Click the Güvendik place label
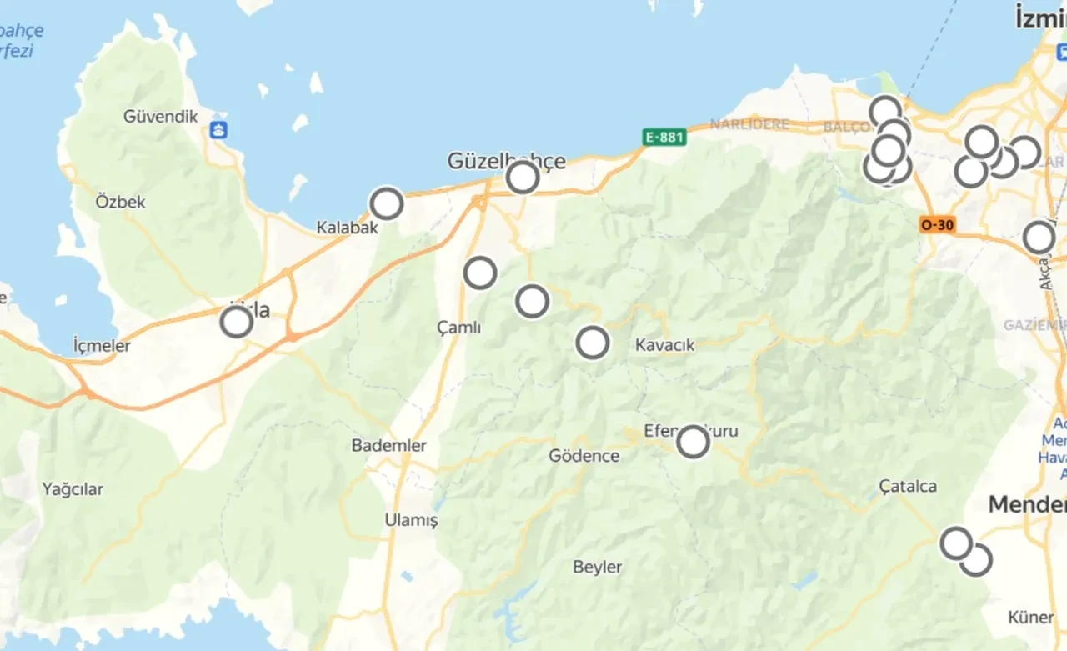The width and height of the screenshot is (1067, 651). pyautogui.click(x=161, y=117)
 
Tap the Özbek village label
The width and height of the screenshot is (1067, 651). pyautogui.click(x=121, y=202)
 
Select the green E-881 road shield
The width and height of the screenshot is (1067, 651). pyautogui.click(x=664, y=137)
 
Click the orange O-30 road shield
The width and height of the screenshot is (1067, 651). pyautogui.click(x=938, y=224)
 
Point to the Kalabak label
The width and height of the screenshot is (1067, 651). pyautogui.click(x=348, y=228)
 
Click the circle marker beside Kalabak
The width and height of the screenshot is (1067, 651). pyautogui.click(x=387, y=203)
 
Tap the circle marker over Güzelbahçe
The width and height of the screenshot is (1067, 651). pyautogui.click(x=523, y=177)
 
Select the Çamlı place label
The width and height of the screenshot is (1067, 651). pyautogui.click(x=459, y=328)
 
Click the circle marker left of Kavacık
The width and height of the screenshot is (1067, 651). pyautogui.click(x=593, y=343)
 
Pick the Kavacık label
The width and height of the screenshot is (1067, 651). pyautogui.click(x=664, y=344)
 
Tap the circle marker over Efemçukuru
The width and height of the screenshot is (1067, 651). pyautogui.click(x=693, y=442)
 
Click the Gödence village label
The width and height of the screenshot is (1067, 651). pyautogui.click(x=584, y=456)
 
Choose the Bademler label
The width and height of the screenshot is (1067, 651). pyautogui.click(x=389, y=445)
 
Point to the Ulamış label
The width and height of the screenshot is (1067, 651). pyautogui.click(x=411, y=520)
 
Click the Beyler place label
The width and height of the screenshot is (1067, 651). pyautogui.click(x=598, y=567)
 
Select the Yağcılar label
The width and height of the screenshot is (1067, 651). pyautogui.click(x=73, y=489)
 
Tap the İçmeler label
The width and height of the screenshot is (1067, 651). pyautogui.click(x=102, y=345)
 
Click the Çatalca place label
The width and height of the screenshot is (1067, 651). pyautogui.click(x=909, y=486)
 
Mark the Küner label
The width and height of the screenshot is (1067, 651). pyautogui.click(x=1031, y=618)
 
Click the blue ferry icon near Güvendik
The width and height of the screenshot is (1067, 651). pyautogui.click(x=219, y=130)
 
